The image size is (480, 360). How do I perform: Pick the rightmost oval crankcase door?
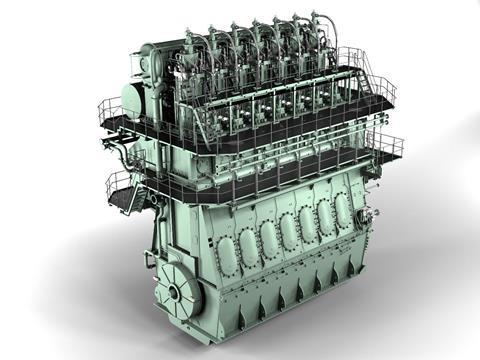(342, 208)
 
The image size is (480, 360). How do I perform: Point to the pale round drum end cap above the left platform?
(132, 100)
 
